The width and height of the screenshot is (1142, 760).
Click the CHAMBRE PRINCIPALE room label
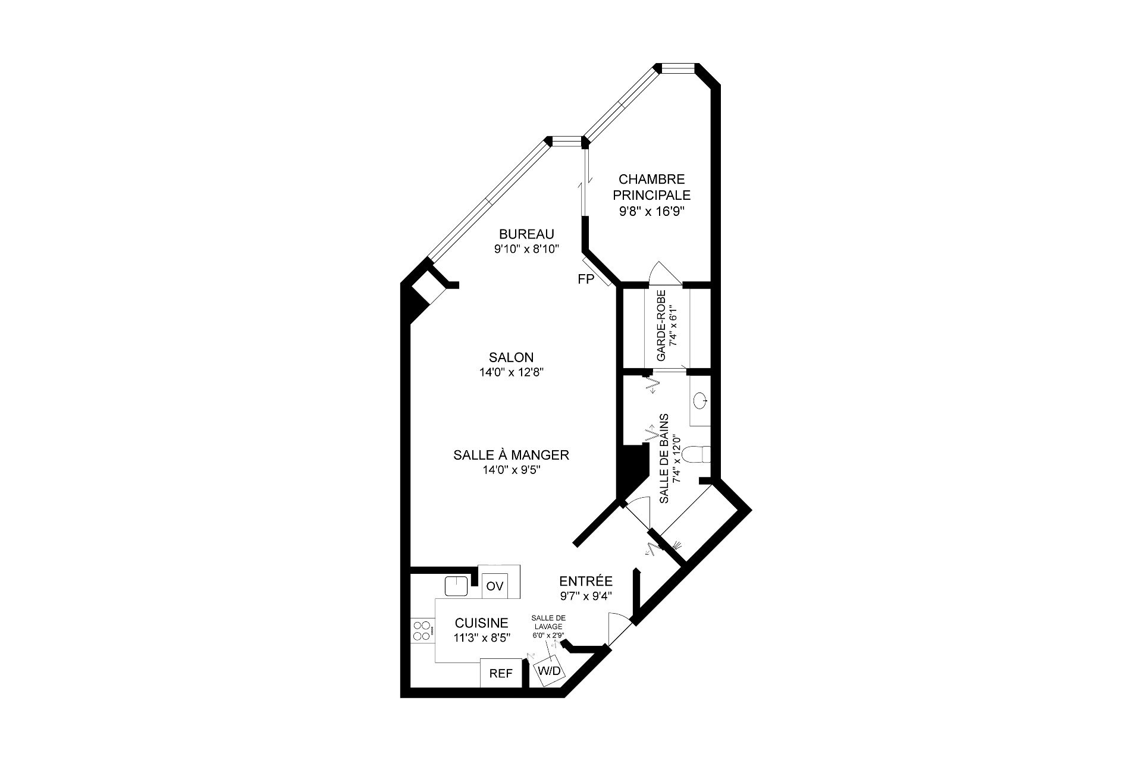[x=652, y=187]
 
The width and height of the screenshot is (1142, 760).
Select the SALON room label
[x=511, y=357]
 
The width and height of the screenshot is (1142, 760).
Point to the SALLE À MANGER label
[x=511, y=455]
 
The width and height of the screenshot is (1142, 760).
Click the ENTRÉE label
[x=586, y=581]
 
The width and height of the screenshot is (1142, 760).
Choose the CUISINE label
[x=481, y=623]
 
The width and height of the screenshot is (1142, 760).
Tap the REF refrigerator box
[x=501, y=674]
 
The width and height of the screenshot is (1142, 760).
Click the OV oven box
[x=494, y=586]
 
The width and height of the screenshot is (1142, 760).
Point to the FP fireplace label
[x=586, y=279]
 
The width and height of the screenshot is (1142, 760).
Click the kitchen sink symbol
[x=457, y=586]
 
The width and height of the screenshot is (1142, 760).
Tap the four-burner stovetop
[x=422, y=630]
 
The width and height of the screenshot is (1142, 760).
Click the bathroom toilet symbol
[x=697, y=455]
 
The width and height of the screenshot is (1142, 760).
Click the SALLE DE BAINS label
[x=664, y=459]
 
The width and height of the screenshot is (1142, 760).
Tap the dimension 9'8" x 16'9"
[x=652, y=211]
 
